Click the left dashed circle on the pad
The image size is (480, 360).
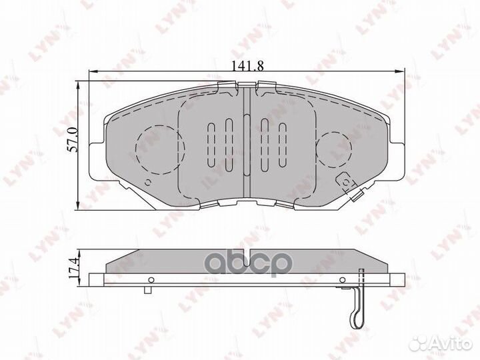click(x=159, y=149)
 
